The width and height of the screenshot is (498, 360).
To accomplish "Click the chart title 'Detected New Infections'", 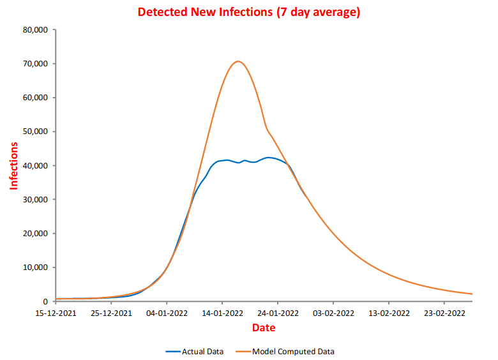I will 249,12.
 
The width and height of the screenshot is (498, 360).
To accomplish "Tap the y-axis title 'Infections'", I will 13,165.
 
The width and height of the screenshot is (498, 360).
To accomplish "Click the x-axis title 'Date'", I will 263,327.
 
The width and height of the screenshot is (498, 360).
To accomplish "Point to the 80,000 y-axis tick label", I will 34,30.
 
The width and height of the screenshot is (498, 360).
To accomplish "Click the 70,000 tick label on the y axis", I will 34,64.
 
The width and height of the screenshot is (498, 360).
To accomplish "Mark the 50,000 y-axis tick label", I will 34,131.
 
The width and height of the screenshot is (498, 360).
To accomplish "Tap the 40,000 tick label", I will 34,165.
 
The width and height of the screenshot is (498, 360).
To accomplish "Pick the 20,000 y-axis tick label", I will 34,234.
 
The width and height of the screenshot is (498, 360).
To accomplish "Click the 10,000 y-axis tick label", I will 34,267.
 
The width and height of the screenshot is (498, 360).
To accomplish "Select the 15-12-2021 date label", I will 56,313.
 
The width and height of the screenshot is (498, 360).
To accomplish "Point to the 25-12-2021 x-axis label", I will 111,313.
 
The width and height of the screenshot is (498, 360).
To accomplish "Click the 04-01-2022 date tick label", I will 167,313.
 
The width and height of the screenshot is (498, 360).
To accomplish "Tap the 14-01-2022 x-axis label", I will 222,313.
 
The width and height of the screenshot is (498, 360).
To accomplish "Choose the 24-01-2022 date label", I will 278,313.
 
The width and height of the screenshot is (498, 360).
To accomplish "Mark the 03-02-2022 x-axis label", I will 333,313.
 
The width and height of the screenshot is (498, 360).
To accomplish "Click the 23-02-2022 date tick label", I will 444,313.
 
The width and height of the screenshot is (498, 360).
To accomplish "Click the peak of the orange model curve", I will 238,61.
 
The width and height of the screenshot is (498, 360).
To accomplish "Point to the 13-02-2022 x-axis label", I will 389,313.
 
